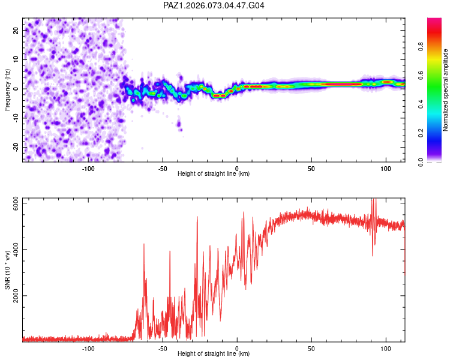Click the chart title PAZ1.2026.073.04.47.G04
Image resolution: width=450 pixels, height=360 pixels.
(x=214, y=5)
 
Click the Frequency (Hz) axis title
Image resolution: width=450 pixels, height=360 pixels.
(x=8, y=89)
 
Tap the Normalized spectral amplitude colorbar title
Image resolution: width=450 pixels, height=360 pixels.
(x=446, y=90)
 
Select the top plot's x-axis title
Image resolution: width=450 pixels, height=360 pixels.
(x=214, y=174)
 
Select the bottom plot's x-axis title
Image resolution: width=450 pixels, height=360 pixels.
(x=214, y=354)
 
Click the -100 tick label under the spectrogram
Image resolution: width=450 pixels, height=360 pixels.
(x=88, y=167)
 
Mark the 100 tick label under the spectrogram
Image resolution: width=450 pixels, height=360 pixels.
(x=385, y=167)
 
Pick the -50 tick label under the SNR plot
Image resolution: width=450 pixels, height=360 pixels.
(x=163, y=347)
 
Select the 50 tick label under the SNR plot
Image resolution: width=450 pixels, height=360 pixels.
(x=311, y=347)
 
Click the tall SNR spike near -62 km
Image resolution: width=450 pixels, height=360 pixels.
(x=144, y=245)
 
